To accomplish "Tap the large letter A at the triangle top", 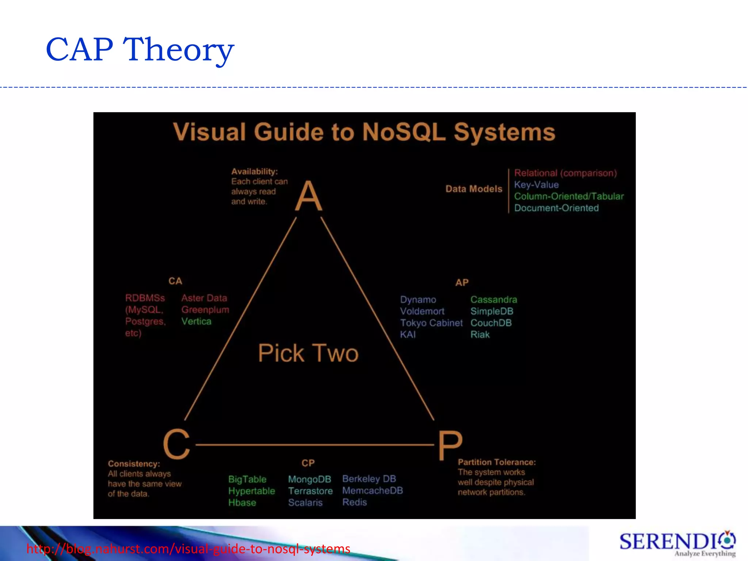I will click(309, 196).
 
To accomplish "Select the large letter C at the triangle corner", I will click(177, 444).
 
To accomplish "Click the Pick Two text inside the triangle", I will click(308, 353).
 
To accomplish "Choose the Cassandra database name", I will click(493, 300).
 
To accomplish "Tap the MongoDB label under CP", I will click(309, 479).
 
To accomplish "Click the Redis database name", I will click(354, 503).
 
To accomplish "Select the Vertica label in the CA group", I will click(196, 321).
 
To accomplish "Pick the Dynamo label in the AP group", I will click(418, 300).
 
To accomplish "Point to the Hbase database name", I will click(242, 503).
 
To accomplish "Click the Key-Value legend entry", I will click(536, 185).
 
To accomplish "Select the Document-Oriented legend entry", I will click(556, 208).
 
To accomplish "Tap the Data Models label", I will click(474, 189).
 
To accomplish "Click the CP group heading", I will click(308, 463).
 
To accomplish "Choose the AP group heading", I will click(462, 283).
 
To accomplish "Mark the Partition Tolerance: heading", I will click(497, 462).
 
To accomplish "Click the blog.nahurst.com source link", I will click(188, 549).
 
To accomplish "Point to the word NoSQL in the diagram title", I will click(404, 132).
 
